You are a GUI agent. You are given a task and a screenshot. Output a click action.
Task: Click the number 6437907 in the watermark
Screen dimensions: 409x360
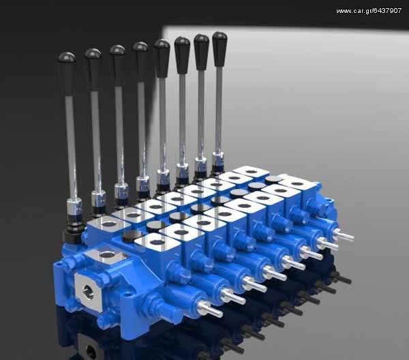(387, 11)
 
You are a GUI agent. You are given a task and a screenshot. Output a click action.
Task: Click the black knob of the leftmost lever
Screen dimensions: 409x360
(67, 74)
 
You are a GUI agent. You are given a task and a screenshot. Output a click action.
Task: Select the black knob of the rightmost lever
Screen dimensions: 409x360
(219, 49)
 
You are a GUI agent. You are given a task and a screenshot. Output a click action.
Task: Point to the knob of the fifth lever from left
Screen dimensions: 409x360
(162, 59)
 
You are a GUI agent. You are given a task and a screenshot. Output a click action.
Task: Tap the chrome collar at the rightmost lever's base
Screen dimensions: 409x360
(218, 159)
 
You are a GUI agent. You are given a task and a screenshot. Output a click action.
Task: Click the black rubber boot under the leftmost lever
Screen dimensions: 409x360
(74, 230)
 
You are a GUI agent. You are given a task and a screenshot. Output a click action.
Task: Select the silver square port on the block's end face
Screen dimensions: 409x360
(89, 291)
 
